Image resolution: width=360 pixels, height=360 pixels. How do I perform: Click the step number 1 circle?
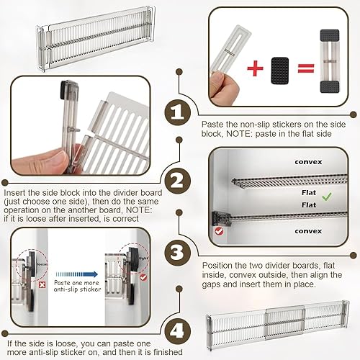tap(178, 112)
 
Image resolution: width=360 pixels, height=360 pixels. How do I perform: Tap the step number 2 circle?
tap(178, 181)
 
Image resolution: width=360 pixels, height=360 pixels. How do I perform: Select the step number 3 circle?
tap(178, 253)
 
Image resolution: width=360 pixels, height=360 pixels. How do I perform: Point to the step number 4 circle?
tap(178, 331)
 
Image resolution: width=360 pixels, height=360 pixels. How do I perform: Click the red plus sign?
tap(255, 68)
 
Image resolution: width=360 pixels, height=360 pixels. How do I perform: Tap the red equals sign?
tap(306, 68)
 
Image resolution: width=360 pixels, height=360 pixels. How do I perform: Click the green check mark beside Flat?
tap(327, 197)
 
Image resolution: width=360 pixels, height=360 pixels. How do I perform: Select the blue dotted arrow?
tap(76, 274)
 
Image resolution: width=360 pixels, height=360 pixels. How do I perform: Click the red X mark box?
tap(42, 285)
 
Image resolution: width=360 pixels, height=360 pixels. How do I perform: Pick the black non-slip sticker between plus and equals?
tap(280, 71)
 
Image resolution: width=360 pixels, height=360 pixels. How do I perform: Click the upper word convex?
tap(308, 162)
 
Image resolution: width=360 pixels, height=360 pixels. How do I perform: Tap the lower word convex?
tap(308, 231)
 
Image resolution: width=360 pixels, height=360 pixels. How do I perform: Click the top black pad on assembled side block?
tap(330, 35)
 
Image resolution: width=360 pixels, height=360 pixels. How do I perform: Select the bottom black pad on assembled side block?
tap(330, 87)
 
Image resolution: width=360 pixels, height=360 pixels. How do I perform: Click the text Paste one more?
tap(76, 283)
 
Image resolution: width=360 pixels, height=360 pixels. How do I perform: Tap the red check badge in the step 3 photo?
tap(219, 231)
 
